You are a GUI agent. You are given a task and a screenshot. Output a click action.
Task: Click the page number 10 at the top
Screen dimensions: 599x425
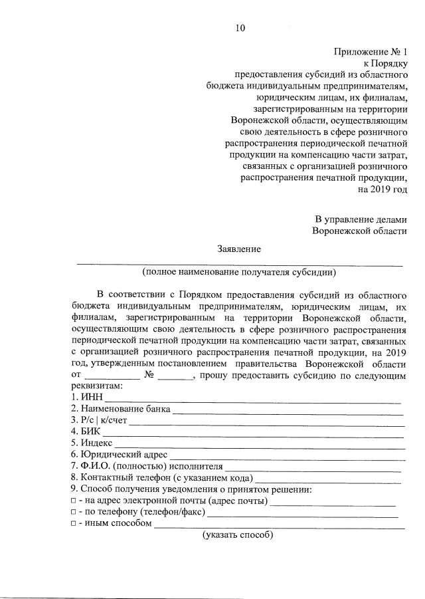pyautogui.click(x=240, y=27)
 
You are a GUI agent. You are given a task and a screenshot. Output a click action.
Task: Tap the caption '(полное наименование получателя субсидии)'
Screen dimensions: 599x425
pyautogui.click(x=239, y=271)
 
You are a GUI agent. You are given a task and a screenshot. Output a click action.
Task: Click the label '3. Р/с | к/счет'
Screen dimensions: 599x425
pyautogui.click(x=99, y=420)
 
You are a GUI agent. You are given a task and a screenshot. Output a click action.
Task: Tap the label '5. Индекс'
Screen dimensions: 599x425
pyautogui.click(x=92, y=443)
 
